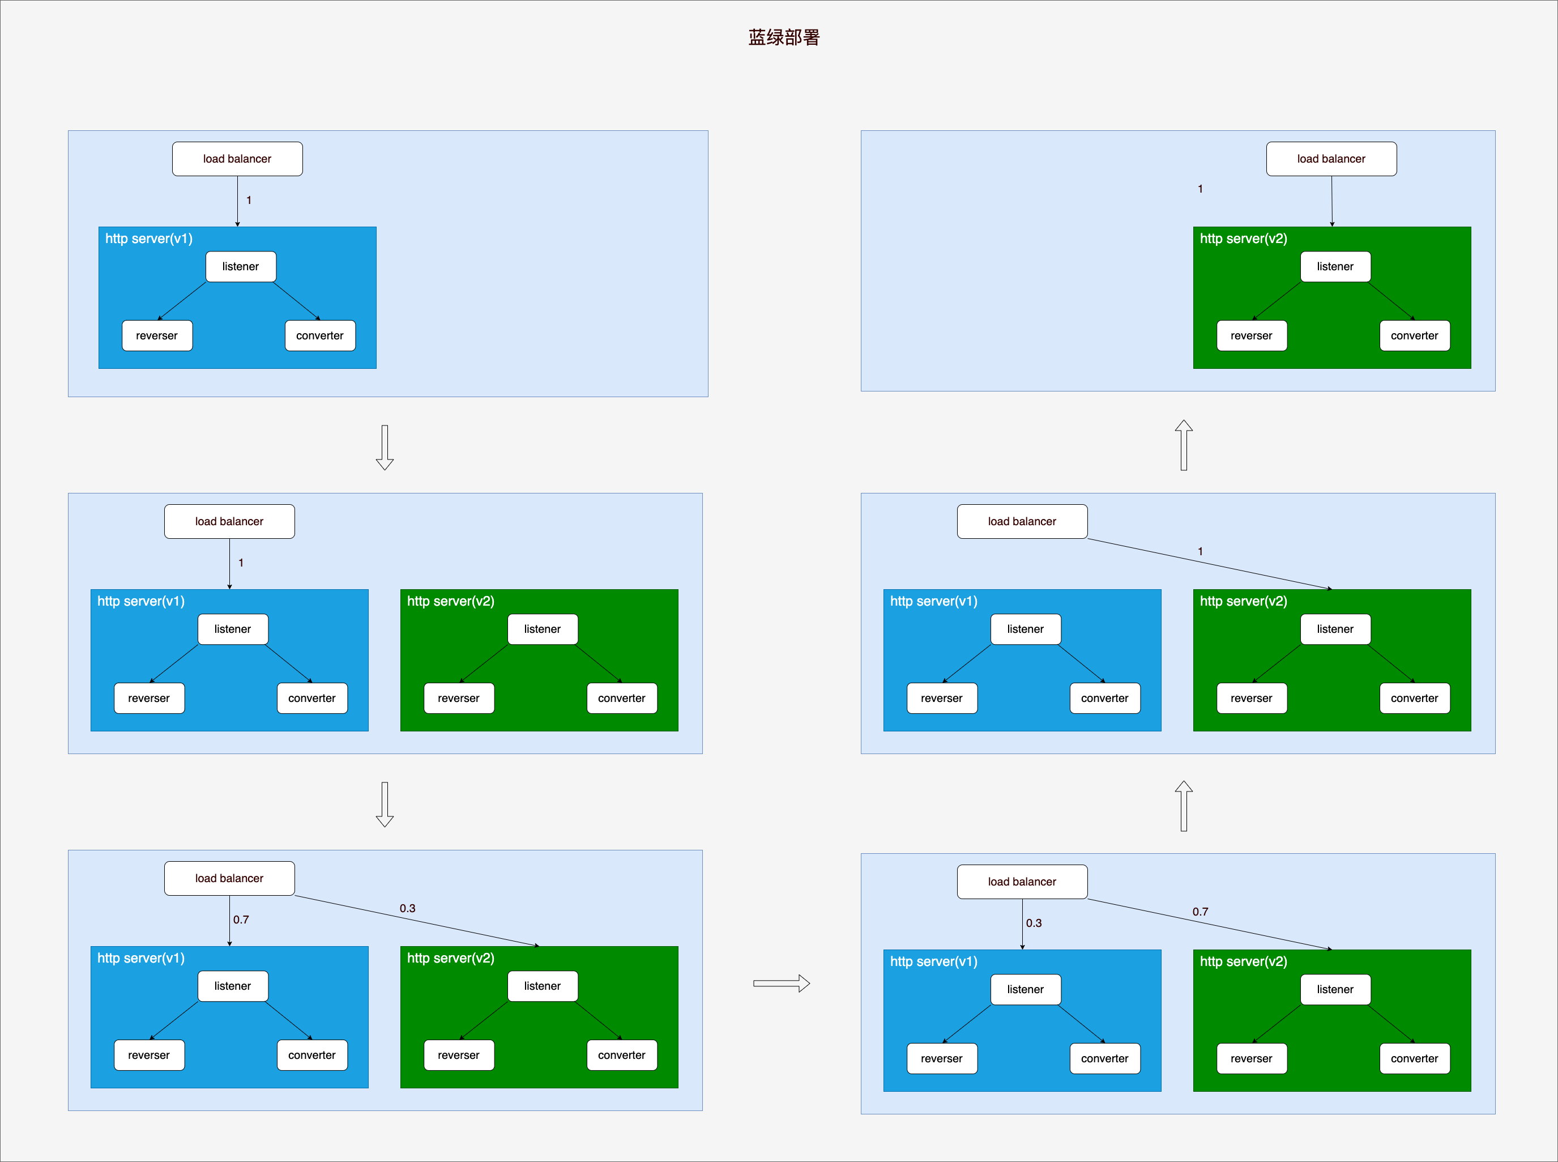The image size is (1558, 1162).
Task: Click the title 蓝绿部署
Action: (x=784, y=37)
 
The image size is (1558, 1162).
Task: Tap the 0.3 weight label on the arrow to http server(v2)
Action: (x=407, y=908)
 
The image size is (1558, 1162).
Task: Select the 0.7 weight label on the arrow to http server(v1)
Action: (x=241, y=920)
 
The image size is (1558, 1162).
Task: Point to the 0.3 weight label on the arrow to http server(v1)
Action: (x=1034, y=923)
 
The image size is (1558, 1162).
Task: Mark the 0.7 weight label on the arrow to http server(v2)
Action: (x=1200, y=912)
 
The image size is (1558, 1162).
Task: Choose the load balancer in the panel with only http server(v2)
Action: (x=1331, y=159)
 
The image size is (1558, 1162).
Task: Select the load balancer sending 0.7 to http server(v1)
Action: (x=229, y=879)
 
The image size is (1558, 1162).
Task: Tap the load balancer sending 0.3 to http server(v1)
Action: (x=1022, y=882)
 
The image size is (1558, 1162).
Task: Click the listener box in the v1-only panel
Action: (x=241, y=267)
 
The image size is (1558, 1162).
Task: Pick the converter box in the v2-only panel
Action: (x=1415, y=335)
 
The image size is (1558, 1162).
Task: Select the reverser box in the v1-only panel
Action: (x=157, y=335)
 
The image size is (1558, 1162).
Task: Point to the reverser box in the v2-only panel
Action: (x=1252, y=335)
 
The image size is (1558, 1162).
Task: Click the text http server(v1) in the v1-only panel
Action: (x=149, y=239)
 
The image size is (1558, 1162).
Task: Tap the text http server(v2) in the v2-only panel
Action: (x=1244, y=239)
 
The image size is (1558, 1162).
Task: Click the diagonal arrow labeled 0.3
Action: (x=417, y=921)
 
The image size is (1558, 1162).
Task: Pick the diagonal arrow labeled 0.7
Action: (x=1210, y=924)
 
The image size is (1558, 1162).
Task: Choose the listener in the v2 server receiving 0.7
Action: (x=1335, y=990)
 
